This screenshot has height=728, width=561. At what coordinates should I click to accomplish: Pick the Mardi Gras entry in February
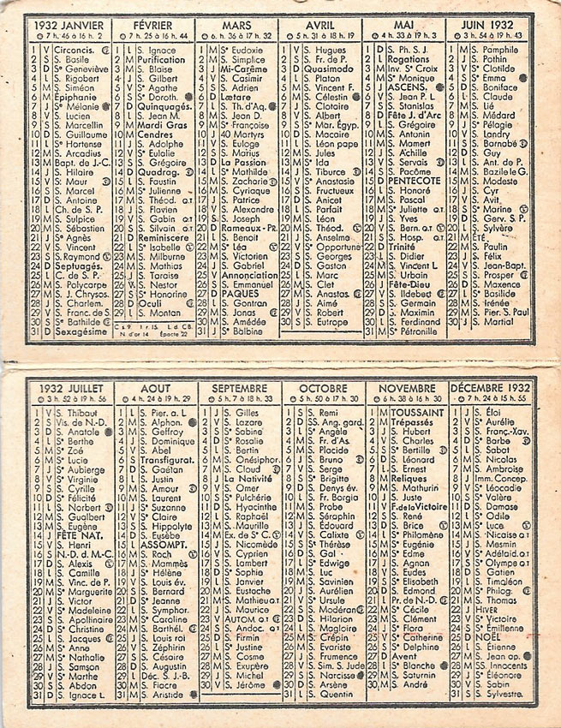coord(157,123)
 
